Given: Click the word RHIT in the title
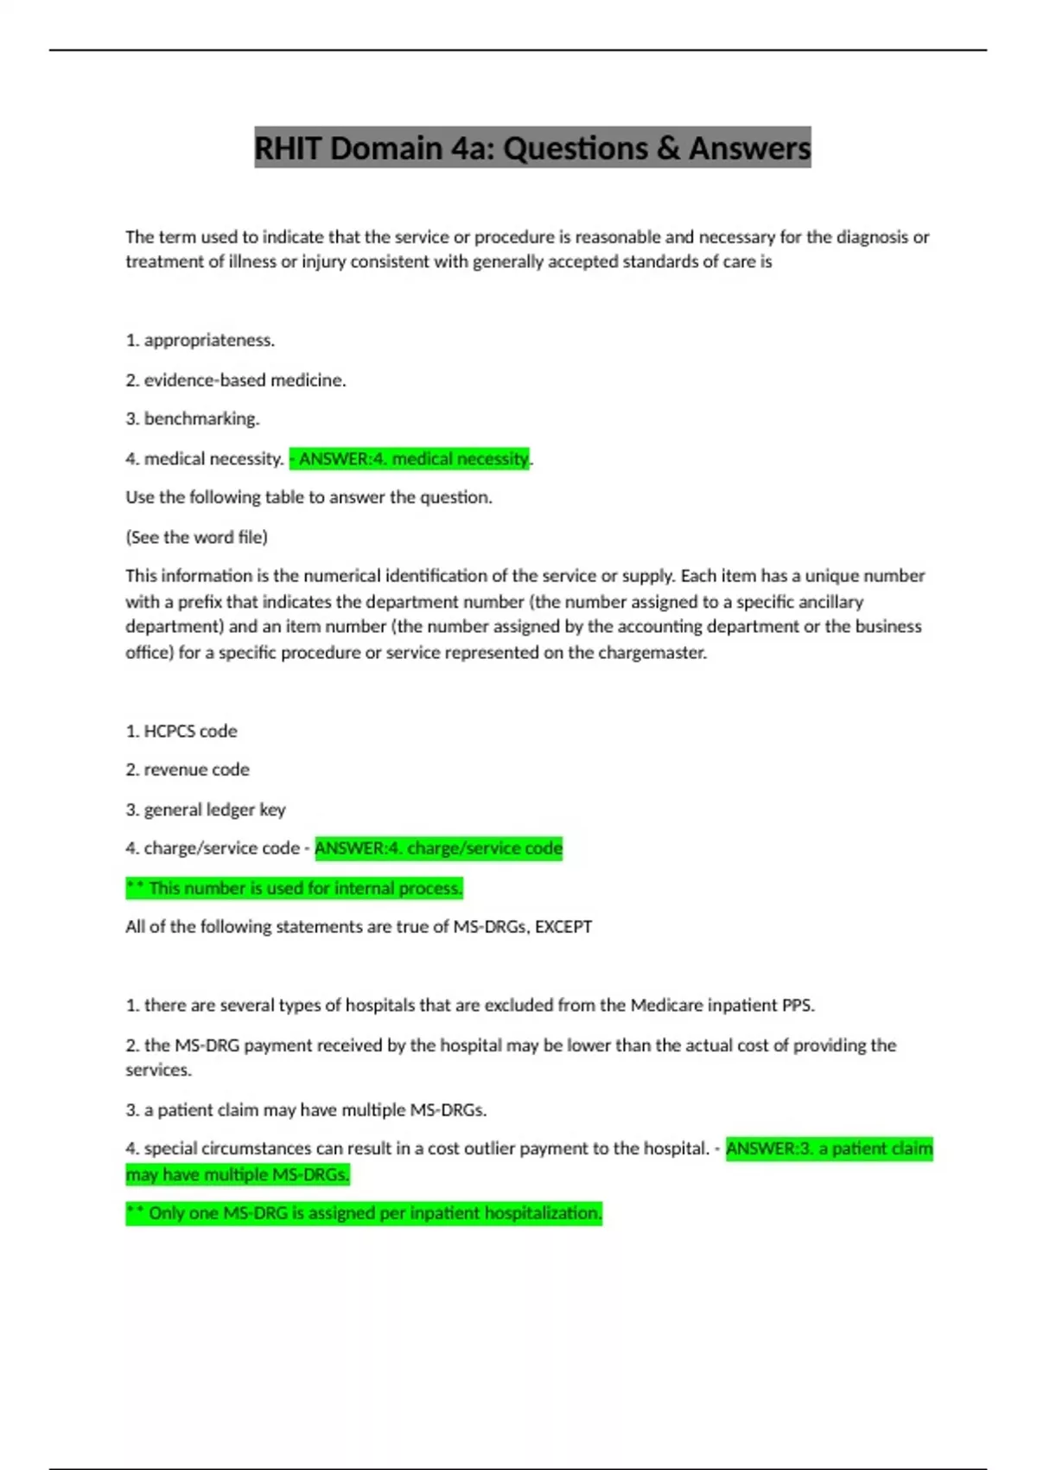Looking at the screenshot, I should (289, 149).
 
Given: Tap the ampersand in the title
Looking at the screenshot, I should (667, 149).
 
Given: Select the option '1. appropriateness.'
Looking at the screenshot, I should (200, 340).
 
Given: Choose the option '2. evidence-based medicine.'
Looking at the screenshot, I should (235, 380).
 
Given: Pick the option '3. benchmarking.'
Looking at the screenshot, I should (192, 419).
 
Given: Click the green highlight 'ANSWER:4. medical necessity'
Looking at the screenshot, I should (410, 458).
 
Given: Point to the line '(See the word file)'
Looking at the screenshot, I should (196, 537).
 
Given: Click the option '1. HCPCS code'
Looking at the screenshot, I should (181, 731).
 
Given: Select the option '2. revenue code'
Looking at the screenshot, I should (187, 770).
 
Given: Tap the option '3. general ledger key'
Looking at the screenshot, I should (205, 809).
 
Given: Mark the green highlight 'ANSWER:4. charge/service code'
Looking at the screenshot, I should (438, 848).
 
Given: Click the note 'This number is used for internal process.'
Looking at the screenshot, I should (294, 888).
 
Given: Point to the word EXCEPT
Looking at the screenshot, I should (563, 927).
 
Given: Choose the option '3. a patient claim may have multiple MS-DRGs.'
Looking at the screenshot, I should (306, 1109).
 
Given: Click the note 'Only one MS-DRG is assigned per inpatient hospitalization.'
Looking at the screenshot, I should (363, 1213).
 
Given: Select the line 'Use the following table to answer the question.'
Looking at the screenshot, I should (309, 497).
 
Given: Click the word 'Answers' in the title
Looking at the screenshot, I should (749, 149).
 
